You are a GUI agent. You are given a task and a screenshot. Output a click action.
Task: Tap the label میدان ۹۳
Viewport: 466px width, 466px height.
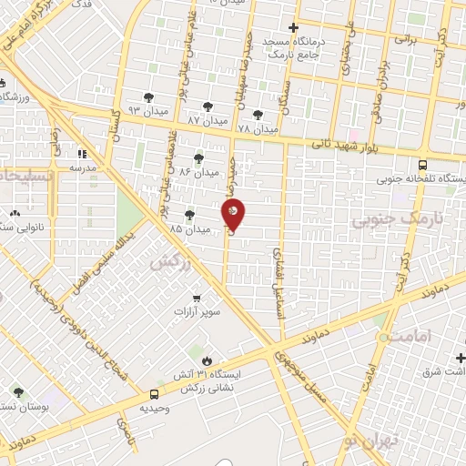point(146,109)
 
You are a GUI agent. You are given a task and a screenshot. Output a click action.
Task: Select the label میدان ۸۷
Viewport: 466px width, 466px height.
point(206,120)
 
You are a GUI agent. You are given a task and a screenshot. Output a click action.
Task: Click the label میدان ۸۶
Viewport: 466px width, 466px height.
point(199,172)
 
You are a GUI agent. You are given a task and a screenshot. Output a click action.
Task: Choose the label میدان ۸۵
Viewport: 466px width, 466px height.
point(188,228)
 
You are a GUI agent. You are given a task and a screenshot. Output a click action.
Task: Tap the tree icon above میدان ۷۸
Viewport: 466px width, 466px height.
point(258,115)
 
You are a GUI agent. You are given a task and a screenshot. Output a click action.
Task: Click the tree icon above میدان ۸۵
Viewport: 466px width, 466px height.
point(189,215)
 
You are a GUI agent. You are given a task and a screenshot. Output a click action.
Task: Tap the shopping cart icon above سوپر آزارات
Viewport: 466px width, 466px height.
point(197,298)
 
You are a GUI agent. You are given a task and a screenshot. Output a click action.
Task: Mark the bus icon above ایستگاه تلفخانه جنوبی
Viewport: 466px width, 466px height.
point(422,165)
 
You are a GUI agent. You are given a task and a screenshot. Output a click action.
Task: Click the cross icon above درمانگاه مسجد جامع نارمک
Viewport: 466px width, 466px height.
point(292,27)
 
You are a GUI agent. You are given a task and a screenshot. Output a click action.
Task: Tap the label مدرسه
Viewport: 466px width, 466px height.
point(82,167)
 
